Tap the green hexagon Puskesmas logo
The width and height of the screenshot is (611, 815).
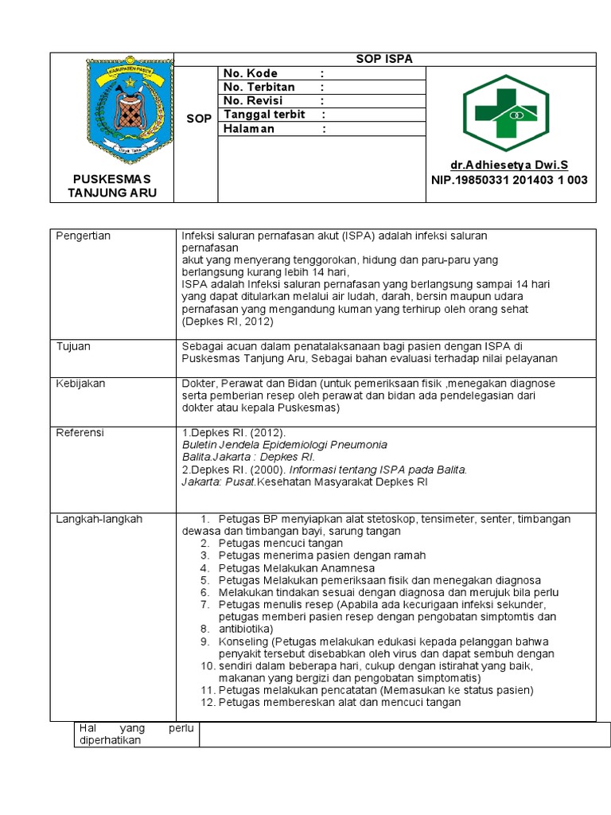507,113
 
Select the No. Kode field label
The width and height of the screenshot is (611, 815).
251,73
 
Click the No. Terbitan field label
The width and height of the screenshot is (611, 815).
259,87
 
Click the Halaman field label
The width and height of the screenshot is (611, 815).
249,128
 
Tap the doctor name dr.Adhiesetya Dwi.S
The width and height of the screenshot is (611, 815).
509,166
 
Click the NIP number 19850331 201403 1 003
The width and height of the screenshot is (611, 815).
508,180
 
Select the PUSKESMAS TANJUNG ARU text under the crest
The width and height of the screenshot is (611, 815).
111,186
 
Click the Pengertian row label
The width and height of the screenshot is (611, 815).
83,236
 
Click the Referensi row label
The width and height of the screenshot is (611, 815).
80,433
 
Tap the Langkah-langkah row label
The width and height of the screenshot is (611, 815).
99,519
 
